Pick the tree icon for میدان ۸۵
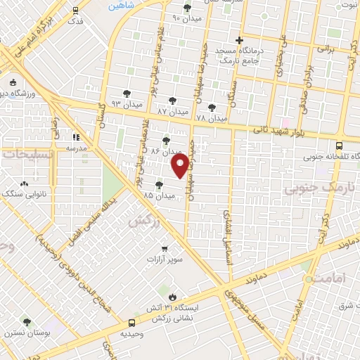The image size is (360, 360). point(160,184)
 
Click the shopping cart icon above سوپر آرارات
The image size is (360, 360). point(165,248)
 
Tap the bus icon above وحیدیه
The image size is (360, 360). point(131,323)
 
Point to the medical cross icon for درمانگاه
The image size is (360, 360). point(240,39)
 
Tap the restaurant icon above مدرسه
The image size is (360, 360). point(76,136)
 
